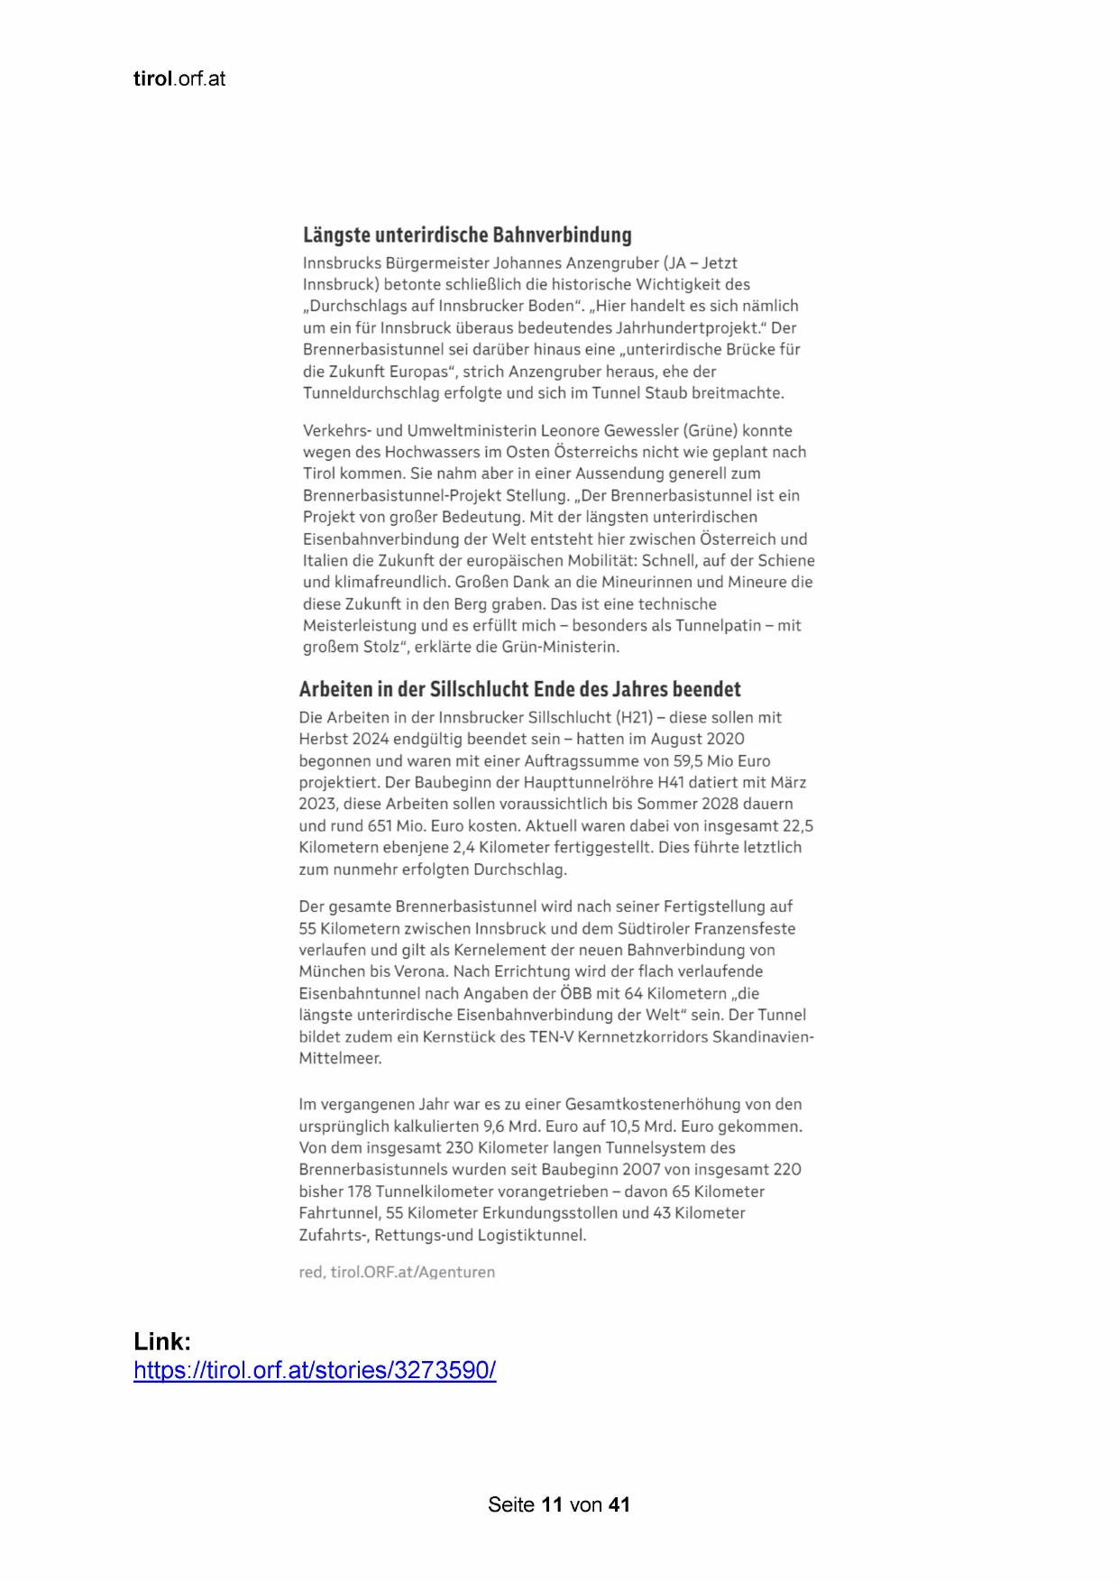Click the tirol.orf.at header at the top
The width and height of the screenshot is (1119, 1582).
[x=179, y=79]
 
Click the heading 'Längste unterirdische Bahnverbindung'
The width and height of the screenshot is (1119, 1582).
[x=467, y=235]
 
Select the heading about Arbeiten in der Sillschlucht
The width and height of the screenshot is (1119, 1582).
[x=519, y=690]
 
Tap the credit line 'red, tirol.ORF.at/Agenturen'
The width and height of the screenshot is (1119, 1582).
[x=397, y=1273]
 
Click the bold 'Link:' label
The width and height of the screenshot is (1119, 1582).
[x=162, y=1341]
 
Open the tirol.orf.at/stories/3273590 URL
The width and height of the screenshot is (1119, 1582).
[x=315, y=1371]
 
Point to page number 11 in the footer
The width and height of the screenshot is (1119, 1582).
[x=553, y=1504]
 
